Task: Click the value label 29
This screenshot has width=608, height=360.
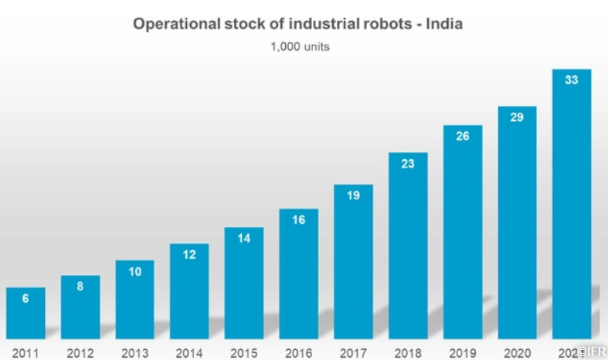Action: click(x=517, y=117)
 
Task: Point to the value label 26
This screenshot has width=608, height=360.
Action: click(x=463, y=136)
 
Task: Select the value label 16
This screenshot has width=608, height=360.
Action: click(x=298, y=220)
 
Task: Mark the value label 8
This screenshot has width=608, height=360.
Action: click(x=80, y=286)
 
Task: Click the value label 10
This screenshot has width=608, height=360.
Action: click(x=134, y=271)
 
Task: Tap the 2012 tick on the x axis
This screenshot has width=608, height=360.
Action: click(x=80, y=353)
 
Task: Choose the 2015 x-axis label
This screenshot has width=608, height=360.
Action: click(x=244, y=353)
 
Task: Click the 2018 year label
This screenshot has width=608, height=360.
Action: click(x=408, y=353)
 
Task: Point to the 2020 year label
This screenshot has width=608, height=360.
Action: click(x=517, y=353)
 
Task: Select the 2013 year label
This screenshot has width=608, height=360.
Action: click(x=134, y=353)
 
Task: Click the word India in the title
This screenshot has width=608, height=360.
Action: click(x=441, y=24)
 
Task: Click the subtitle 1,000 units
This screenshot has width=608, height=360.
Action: click(x=300, y=46)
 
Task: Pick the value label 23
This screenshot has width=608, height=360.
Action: click(x=408, y=163)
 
